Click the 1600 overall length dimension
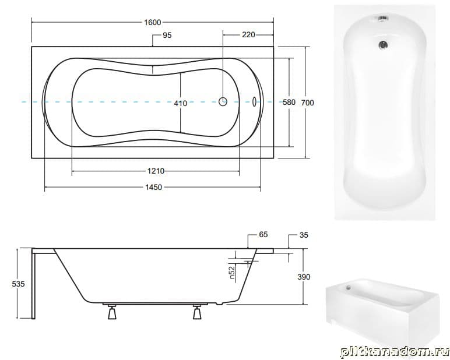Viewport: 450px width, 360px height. click(152, 22)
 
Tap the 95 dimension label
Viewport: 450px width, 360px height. click(167, 35)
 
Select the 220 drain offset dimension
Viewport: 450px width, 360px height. click(248, 35)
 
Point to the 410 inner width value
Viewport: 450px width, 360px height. click(181, 103)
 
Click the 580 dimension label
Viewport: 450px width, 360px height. click(289, 102)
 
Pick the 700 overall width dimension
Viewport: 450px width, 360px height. click(307, 103)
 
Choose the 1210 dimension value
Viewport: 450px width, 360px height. click(156, 171)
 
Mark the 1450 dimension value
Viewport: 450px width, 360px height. click(153, 188)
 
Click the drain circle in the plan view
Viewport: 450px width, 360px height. click(223, 101)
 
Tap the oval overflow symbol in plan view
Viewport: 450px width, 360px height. click(254, 102)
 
